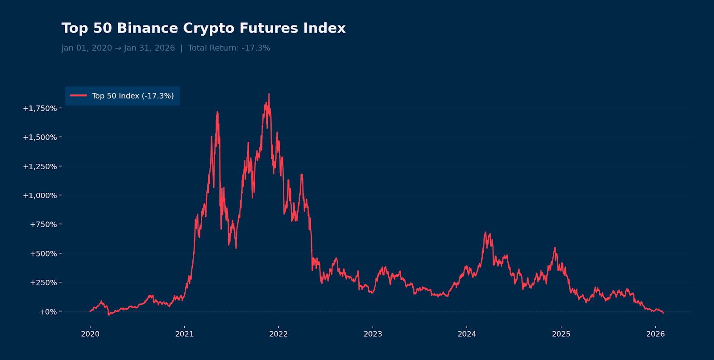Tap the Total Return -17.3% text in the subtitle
(229, 48)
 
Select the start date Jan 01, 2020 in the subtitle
(87, 48)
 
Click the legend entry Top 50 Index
(133, 96)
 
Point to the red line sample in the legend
(79, 95)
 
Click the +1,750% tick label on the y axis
(40, 108)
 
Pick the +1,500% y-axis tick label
(40, 137)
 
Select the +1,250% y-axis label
(40, 166)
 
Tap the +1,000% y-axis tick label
(40, 195)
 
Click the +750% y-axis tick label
(43, 224)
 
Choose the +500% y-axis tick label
(43, 253)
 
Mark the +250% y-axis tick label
(43, 282)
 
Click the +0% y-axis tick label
(48, 312)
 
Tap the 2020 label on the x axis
(90, 334)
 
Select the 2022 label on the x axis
(278, 334)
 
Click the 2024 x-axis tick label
(467, 334)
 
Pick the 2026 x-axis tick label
(656, 334)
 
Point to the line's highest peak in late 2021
(269, 94)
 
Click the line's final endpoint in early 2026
(663, 313)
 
